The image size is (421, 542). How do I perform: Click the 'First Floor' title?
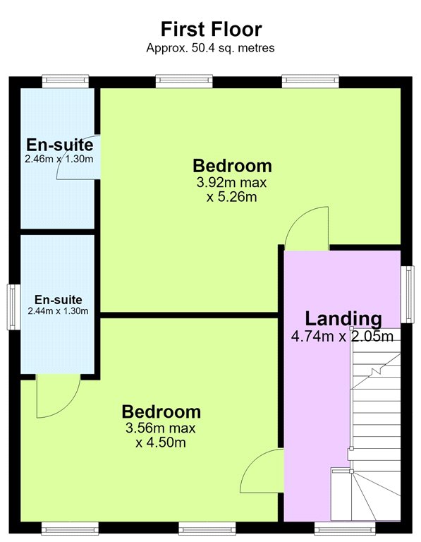pyautogui.click(x=211, y=29)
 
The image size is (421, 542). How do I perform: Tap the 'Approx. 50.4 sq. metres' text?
pyautogui.click(x=210, y=48)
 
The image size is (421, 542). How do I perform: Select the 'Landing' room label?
pyautogui.click(x=343, y=319)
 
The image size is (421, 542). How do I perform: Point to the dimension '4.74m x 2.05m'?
pyautogui.click(x=342, y=336)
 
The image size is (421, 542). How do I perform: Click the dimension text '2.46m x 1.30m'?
pyautogui.click(x=59, y=159)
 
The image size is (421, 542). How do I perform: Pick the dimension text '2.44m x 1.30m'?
pyautogui.click(x=58, y=311)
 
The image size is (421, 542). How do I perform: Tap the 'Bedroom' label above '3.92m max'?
pyautogui.click(x=232, y=166)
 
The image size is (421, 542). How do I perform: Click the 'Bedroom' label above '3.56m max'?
pyautogui.click(x=161, y=411)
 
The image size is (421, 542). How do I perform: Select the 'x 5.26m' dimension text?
pyautogui.click(x=232, y=197)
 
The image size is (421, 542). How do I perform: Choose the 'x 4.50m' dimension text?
pyautogui.click(x=161, y=442)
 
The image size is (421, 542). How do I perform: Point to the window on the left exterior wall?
pyautogui.click(x=14, y=307)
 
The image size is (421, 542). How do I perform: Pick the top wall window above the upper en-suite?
pyautogui.click(x=66, y=81)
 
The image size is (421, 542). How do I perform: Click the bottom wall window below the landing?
pyautogui.click(x=345, y=529)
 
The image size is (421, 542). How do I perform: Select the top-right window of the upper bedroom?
pyautogui.click(x=310, y=81)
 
